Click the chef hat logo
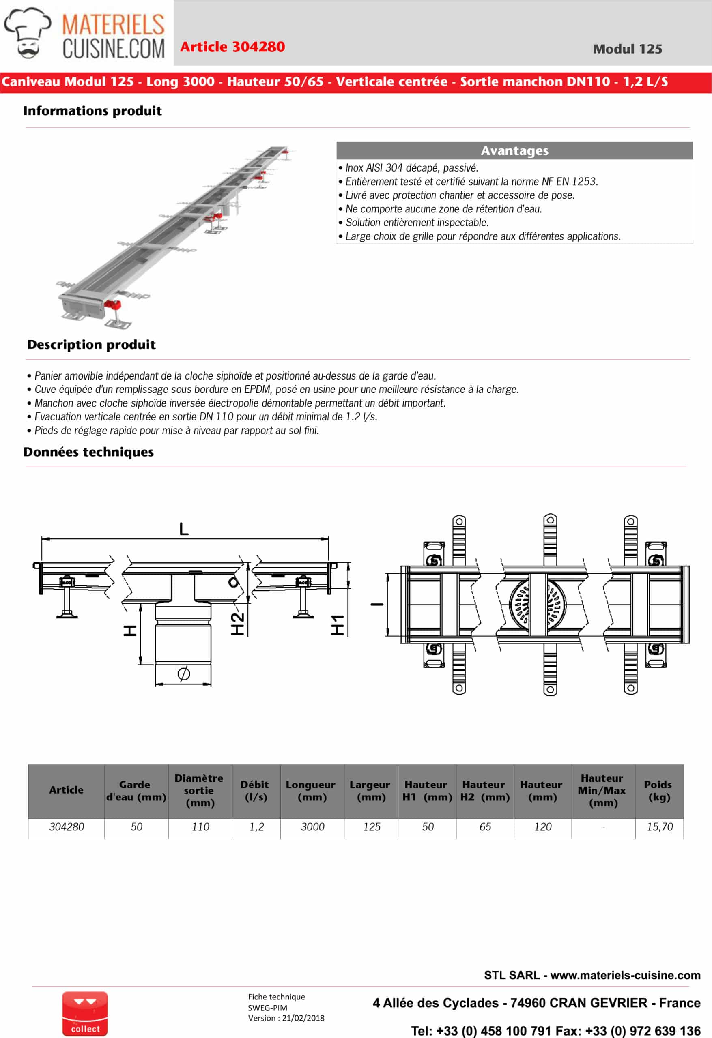point(28,32)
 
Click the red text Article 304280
point(232,47)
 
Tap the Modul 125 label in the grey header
point(627,49)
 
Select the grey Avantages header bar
point(514,150)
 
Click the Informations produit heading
point(92,111)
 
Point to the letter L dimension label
point(184,529)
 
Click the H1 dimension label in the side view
point(338,624)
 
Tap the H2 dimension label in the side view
point(237,624)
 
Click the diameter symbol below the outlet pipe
point(183,673)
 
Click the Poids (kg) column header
point(659,791)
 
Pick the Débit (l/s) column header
point(256,791)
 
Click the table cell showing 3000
point(312,827)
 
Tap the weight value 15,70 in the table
point(659,827)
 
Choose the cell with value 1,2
point(256,827)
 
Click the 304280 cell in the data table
point(67,827)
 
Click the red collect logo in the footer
point(85,1013)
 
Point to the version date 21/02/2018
point(303,1018)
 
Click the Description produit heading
point(92,345)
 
